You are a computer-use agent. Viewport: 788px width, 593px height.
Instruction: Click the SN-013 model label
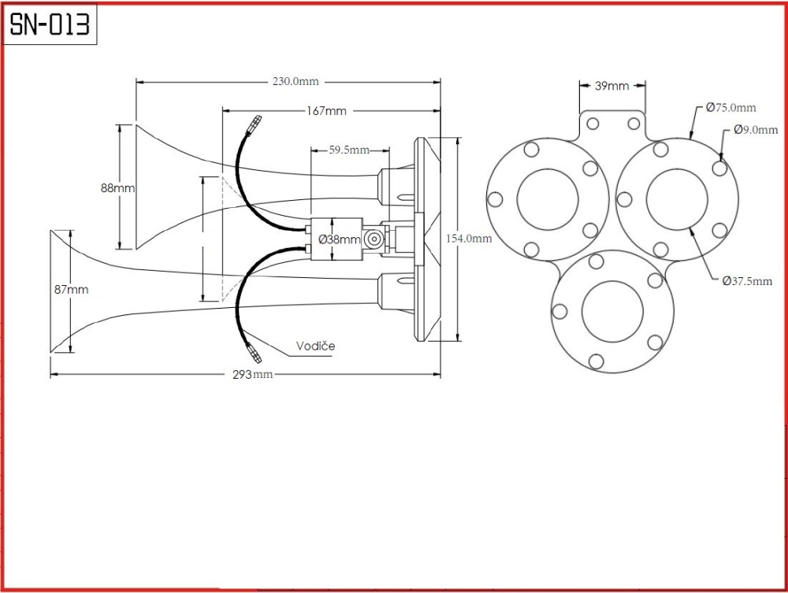point(50,24)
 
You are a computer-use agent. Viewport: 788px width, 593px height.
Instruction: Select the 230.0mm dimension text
point(295,81)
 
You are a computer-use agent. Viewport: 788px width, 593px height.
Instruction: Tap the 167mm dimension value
point(327,111)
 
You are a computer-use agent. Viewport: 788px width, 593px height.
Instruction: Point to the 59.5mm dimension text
point(349,150)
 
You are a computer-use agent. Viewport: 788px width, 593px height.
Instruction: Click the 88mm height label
point(118,188)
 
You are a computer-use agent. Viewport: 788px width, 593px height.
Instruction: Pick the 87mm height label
point(72,290)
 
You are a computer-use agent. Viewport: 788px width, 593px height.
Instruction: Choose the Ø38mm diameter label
point(340,239)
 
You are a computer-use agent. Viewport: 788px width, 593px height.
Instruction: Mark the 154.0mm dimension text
point(469,239)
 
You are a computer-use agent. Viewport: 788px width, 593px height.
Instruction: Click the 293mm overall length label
point(253,374)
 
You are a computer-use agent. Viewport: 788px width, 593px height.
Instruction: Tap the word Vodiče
point(316,346)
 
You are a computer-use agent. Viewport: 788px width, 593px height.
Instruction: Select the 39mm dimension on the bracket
point(611,86)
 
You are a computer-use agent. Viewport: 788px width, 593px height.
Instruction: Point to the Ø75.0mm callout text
point(730,107)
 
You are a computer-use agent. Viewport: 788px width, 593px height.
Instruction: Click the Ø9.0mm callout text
point(756,130)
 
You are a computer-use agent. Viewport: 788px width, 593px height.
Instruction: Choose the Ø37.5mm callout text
point(747,281)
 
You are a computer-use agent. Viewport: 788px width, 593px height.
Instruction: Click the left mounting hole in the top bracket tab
point(593,124)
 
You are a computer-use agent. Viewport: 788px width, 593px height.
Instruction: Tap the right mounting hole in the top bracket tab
point(634,124)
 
